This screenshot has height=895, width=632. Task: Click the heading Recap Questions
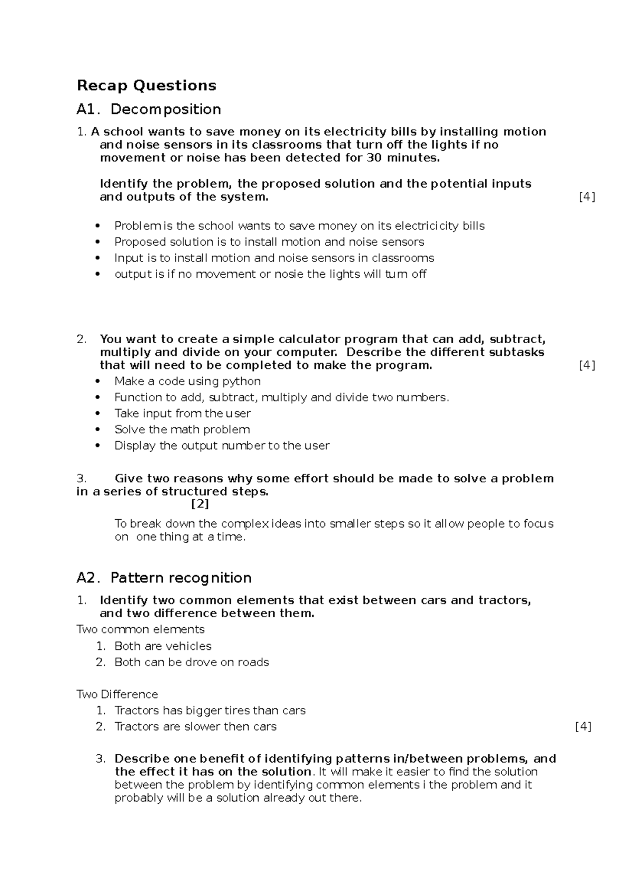point(146,85)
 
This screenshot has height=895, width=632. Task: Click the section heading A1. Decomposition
point(149,109)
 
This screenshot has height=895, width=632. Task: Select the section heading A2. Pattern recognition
point(164,578)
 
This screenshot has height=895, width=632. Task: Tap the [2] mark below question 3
point(200,504)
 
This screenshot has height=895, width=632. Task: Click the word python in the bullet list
point(241,381)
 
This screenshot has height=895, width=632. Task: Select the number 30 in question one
point(373,158)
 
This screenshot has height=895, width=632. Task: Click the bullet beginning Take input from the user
point(182,413)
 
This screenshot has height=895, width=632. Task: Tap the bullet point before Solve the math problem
point(97,430)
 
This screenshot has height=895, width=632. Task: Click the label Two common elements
point(140,629)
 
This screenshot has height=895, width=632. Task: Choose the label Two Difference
point(117,694)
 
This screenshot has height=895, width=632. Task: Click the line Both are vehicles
point(163,646)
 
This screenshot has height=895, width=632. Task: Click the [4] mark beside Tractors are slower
point(583,726)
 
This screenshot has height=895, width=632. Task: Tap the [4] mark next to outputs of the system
point(587,197)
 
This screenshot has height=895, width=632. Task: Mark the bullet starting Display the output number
point(222,446)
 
